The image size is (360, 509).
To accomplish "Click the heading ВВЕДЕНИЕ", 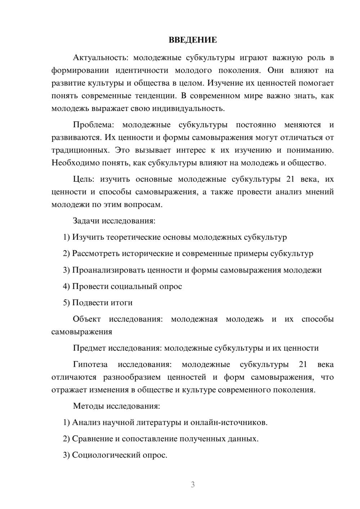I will click(193, 40).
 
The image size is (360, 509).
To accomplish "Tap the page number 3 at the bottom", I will click(193, 485).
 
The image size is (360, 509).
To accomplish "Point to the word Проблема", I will click(93, 125).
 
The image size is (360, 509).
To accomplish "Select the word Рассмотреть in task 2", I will click(96, 253).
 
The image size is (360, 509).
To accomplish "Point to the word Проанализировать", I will click(107, 270).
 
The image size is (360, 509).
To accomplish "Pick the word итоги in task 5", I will click(122, 303).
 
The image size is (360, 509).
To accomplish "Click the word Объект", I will click(87, 319).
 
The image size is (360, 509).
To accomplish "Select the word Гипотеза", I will click(90, 365).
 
